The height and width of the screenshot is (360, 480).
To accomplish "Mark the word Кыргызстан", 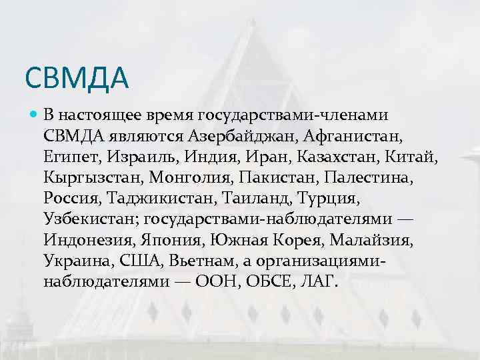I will point(93,179).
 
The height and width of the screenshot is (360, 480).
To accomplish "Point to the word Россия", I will point(71,199).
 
